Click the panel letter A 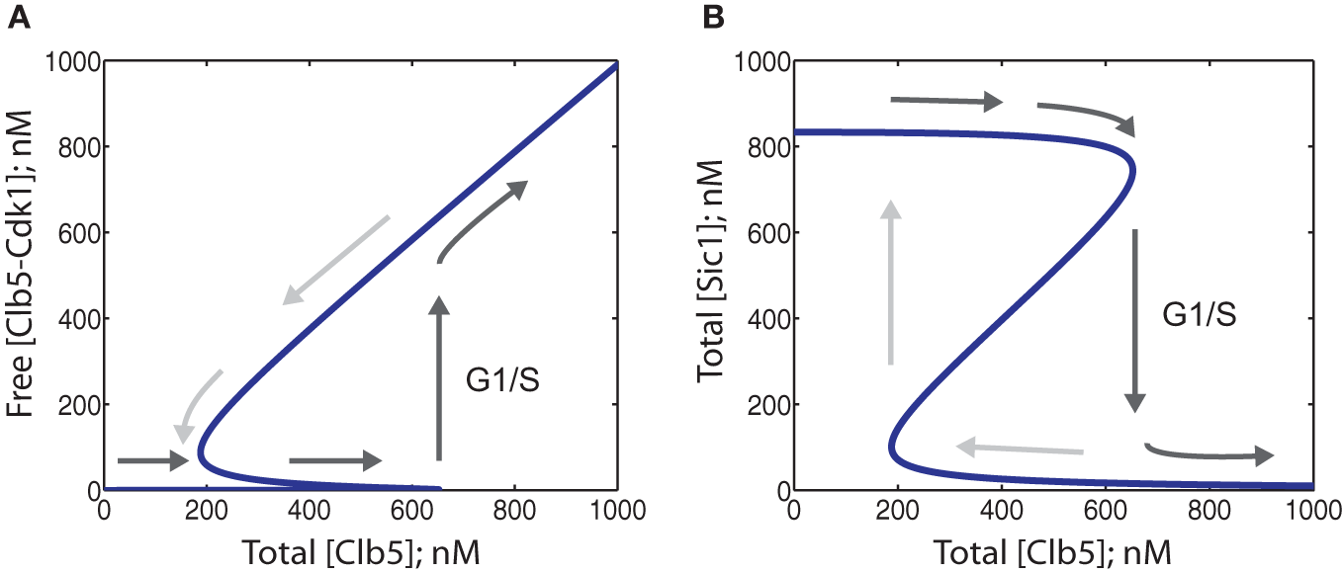pyautogui.click(x=17, y=16)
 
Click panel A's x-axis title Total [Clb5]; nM pyautogui.click(x=361, y=549)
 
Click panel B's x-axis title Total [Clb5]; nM pyautogui.click(x=1052, y=549)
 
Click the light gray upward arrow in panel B pyautogui.click(x=891, y=283)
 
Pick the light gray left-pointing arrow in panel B pyautogui.click(x=1020, y=450)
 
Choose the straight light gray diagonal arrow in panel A pyautogui.click(x=336, y=259)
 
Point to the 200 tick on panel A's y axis pyautogui.click(x=76, y=405)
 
